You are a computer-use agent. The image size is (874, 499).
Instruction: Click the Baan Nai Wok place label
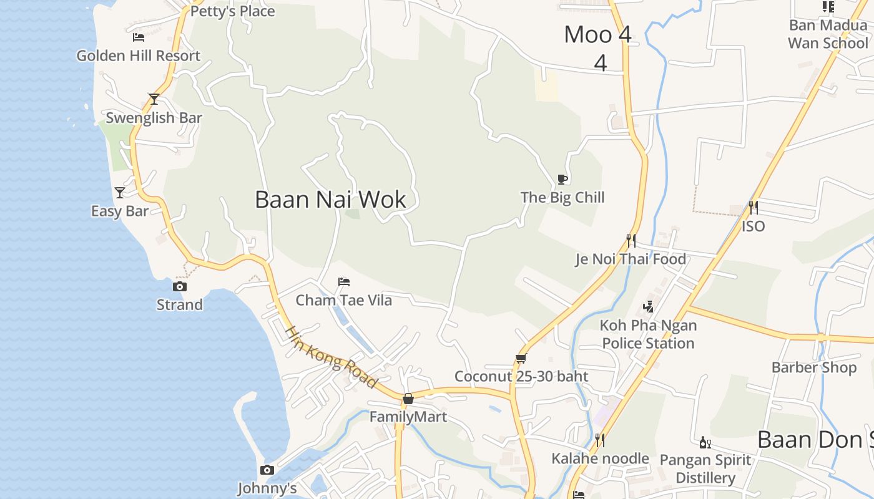click(330, 200)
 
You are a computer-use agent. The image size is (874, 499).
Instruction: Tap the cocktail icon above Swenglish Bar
click(154, 99)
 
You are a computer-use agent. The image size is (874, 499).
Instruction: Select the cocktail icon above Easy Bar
click(120, 192)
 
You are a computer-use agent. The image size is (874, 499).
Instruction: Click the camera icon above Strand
click(180, 286)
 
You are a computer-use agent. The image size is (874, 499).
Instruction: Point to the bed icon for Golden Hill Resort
click(139, 37)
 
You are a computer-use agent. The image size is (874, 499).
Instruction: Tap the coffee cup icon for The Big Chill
click(562, 180)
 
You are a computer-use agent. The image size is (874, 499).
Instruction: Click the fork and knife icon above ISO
click(753, 207)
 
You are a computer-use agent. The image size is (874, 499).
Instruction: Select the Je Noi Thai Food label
click(631, 259)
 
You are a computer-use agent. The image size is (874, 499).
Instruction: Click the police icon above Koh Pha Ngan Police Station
click(648, 306)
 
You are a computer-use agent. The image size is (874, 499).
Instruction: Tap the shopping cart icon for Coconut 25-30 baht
click(521, 358)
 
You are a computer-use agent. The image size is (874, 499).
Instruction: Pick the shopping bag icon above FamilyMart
click(408, 398)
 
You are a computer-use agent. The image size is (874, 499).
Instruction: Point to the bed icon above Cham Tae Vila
click(343, 282)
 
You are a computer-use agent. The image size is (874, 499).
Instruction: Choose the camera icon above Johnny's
click(267, 470)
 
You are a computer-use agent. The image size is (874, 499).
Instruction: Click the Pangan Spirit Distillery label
click(705, 469)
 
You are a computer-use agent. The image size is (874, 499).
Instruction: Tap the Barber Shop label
click(814, 367)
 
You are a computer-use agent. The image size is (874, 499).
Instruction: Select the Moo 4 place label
click(598, 35)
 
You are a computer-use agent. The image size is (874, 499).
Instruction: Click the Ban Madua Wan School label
click(828, 34)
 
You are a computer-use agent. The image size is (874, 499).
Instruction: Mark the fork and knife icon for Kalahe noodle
click(599, 440)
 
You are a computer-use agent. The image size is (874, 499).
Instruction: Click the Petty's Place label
click(232, 11)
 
